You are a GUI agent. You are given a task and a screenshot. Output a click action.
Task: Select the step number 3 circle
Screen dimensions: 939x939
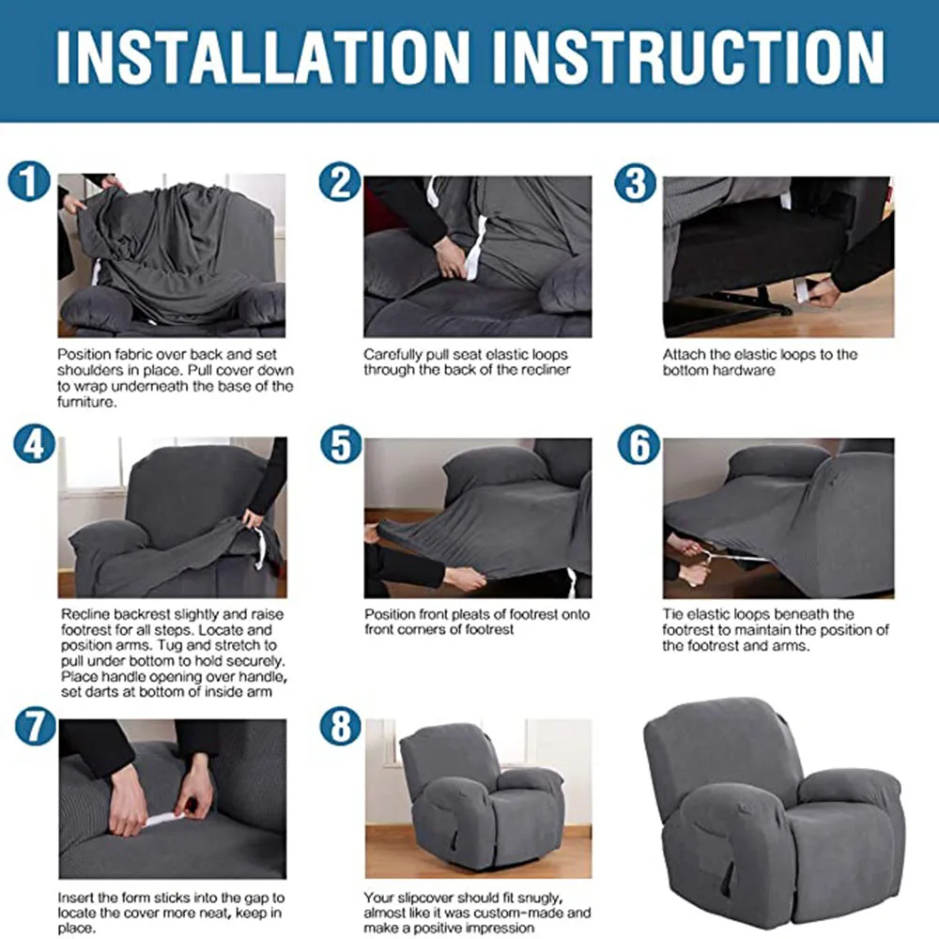point(636,182)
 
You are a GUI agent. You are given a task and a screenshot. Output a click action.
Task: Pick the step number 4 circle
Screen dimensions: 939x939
point(34,443)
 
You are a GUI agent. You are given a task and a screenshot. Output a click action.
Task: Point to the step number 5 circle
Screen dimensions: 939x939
point(339,444)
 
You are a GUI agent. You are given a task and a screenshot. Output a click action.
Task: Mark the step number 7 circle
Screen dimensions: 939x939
point(34,726)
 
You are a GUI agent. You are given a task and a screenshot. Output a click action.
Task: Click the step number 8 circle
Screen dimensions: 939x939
point(339,727)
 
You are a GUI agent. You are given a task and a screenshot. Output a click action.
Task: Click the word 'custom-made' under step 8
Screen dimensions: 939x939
point(528,912)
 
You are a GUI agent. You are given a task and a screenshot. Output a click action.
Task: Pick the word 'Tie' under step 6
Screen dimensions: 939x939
point(672,614)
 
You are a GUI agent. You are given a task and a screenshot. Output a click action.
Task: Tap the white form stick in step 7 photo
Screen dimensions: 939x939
point(169,817)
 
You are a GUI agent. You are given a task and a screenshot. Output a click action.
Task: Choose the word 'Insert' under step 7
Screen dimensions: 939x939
point(76,898)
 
